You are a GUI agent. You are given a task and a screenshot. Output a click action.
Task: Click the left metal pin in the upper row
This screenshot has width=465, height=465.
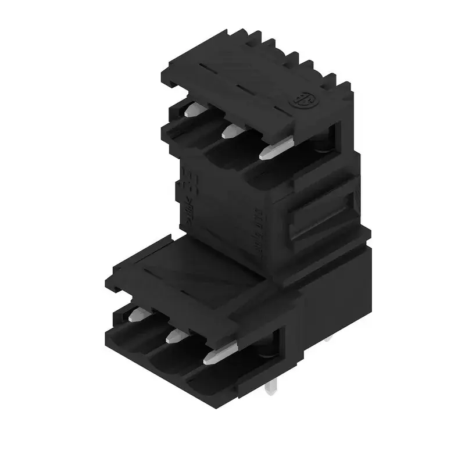point(193,109)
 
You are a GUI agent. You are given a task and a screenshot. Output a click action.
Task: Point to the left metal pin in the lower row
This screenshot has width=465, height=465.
point(137,315)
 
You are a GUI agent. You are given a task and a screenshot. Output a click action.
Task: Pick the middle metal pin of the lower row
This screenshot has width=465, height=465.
point(174,336)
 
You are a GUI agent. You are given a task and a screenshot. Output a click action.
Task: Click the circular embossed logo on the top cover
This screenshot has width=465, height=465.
point(303,100)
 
